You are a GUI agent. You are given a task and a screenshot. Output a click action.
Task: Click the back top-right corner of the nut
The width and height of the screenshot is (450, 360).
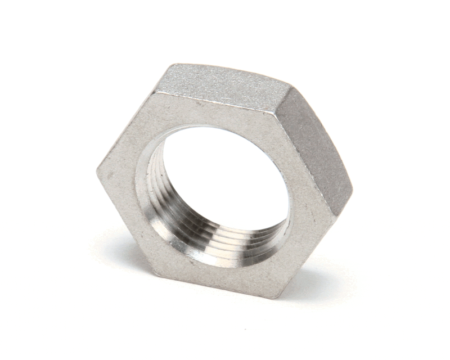click(x=290, y=87)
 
